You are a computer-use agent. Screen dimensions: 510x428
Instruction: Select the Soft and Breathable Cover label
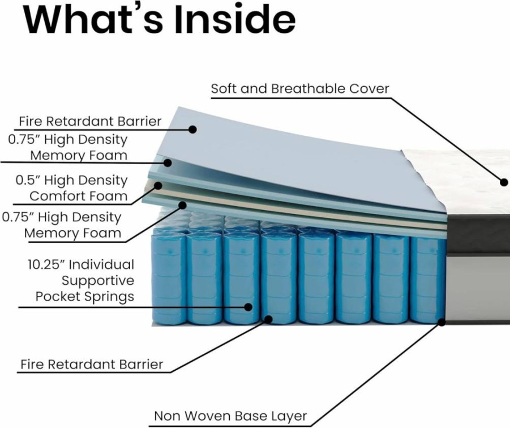click(x=300, y=88)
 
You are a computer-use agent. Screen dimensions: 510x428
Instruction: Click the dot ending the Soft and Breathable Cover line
click(x=504, y=182)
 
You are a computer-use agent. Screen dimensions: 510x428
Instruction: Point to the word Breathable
click(x=308, y=88)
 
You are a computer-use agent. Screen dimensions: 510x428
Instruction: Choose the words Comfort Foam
click(x=78, y=196)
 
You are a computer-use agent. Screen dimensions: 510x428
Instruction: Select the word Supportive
click(x=98, y=281)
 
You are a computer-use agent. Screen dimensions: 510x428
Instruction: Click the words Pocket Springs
click(x=85, y=297)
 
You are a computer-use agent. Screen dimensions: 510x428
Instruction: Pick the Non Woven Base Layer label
click(x=230, y=416)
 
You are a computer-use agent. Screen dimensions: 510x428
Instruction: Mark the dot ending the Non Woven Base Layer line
click(x=442, y=322)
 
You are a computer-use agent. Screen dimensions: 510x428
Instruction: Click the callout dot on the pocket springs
click(x=248, y=307)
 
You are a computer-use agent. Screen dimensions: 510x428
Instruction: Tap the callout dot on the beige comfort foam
click(x=158, y=186)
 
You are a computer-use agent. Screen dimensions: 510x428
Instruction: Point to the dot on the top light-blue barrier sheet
click(x=192, y=130)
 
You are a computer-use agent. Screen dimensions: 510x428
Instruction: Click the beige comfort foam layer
click(x=293, y=208)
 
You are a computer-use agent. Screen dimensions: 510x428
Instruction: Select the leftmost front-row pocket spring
click(x=169, y=278)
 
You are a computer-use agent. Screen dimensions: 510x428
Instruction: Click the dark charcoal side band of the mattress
click(x=478, y=233)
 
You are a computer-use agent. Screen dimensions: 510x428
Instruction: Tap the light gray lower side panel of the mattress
click(x=478, y=286)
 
